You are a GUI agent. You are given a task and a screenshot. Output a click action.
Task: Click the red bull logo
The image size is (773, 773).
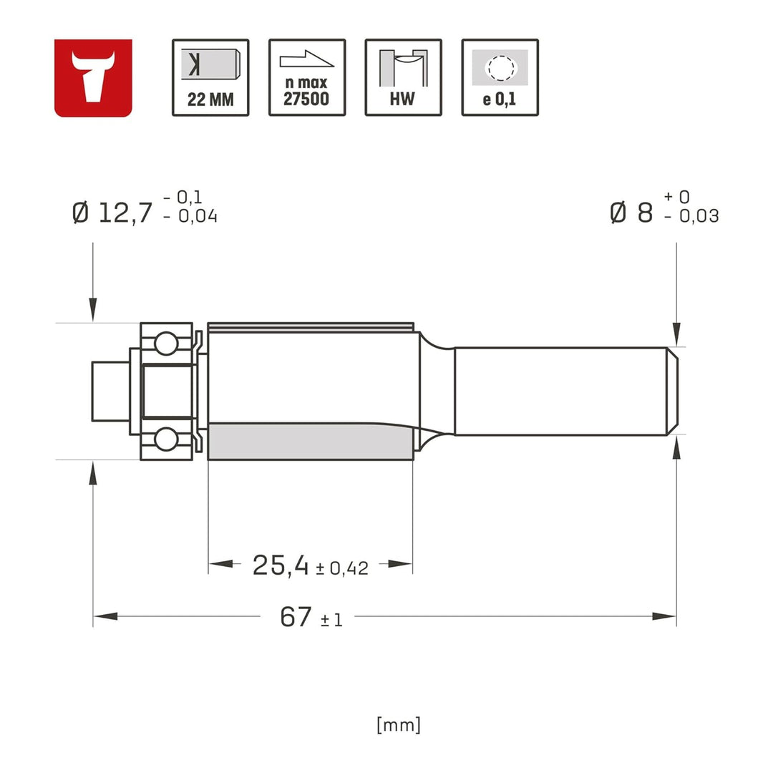pyautogui.click(x=93, y=77)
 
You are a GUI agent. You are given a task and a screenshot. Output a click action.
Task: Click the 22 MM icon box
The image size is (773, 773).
pyautogui.click(x=210, y=77)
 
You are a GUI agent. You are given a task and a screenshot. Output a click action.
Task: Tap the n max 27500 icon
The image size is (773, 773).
pyautogui.click(x=307, y=77)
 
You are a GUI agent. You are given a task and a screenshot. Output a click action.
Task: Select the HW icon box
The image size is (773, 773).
pyautogui.click(x=403, y=77)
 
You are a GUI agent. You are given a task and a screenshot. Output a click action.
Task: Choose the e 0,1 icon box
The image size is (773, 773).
pyautogui.click(x=500, y=77)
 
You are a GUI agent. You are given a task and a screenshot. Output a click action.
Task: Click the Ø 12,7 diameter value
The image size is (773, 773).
pyautogui.click(x=113, y=213)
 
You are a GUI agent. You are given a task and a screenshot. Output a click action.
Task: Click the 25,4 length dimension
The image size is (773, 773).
pyautogui.click(x=280, y=565)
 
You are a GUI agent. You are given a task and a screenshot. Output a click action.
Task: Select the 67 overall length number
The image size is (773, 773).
pyautogui.click(x=296, y=617)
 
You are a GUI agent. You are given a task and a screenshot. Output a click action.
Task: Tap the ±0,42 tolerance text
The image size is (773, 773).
pyautogui.click(x=341, y=569)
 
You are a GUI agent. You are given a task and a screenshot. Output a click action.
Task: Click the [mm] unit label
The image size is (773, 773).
pyautogui.click(x=399, y=725)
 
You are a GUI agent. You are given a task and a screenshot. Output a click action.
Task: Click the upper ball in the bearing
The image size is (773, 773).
pyautogui.click(x=166, y=343)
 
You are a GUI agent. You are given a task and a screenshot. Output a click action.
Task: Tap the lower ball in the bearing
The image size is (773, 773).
pyautogui.click(x=166, y=439)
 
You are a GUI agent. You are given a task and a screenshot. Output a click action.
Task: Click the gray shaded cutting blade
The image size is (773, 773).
pyautogui.click(x=308, y=441)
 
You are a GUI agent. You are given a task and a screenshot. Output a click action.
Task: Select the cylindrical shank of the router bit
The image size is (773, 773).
pyautogui.click(x=562, y=391)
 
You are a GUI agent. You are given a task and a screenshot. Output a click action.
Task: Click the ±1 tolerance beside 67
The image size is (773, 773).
pyautogui.click(x=331, y=620)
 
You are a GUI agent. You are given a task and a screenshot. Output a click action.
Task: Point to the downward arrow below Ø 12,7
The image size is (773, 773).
pyautogui.click(x=92, y=308)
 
